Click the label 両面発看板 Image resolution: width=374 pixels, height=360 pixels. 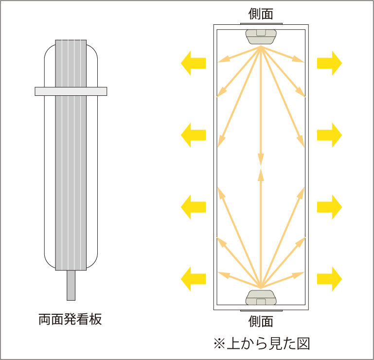click(x=70, y=320)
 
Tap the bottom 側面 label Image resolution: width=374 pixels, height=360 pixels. click(x=261, y=321)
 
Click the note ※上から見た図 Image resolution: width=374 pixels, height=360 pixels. click(x=261, y=343)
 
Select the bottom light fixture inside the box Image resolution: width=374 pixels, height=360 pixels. click(x=261, y=296)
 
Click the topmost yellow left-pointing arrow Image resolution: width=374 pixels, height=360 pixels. click(x=193, y=63)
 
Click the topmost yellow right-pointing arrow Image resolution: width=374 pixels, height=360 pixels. click(x=330, y=63)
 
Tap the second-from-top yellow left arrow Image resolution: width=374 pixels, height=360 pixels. click(x=193, y=135)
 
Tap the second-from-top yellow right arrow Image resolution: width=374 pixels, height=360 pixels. click(x=330, y=135)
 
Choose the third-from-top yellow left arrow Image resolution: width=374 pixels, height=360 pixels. click(x=193, y=207)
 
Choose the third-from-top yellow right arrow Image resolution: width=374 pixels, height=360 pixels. click(x=330, y=207)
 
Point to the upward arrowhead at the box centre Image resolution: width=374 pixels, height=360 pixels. click(x=261, y=173)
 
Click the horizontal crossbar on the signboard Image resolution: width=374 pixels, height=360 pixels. click(x=71, y=91)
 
